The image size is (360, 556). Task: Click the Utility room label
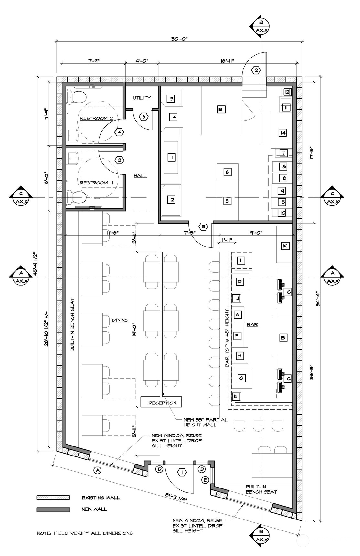point(142,98)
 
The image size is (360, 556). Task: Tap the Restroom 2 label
point(96,118)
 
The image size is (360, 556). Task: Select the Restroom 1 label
point(96,183)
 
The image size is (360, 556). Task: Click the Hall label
point(140,176)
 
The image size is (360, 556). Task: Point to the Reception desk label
point(162,403)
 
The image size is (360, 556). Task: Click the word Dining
point(120,320)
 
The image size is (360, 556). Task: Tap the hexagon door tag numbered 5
point(203,227)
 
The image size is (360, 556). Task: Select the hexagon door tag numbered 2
point(256,70)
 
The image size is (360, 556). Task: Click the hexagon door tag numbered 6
point(144,117)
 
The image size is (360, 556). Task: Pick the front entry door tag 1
point(183,472)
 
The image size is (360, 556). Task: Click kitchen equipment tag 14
point(283,132)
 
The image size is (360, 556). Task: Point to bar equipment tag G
point(241,377)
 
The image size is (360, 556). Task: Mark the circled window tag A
point(97,470)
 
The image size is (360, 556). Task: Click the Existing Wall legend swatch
point(53,498)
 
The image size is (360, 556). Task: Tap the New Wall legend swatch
point(53,509)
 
